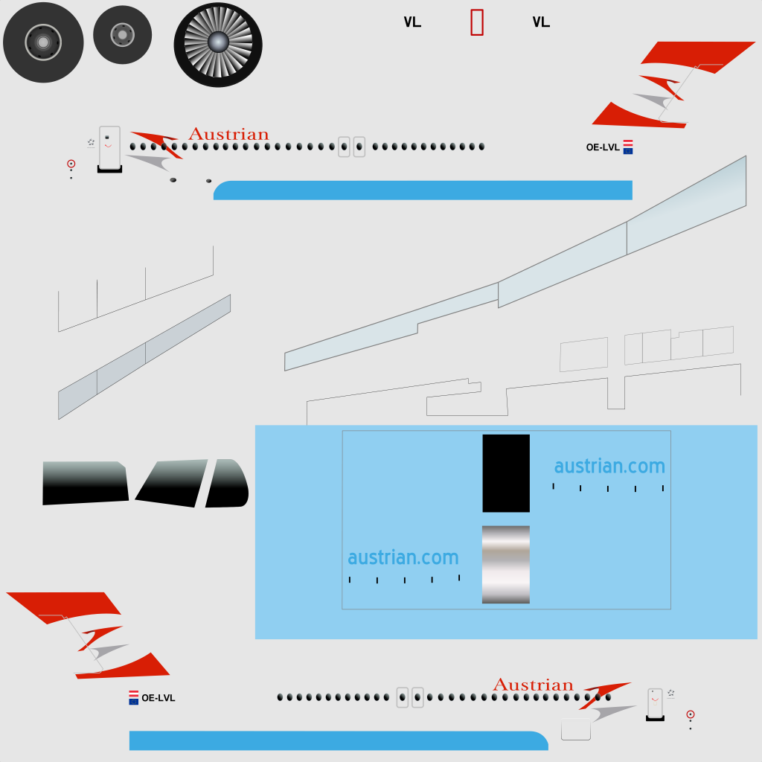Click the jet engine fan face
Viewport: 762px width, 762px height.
[218, 45]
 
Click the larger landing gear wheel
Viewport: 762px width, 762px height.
[43, 42]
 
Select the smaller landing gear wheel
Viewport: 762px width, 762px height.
[123, 35]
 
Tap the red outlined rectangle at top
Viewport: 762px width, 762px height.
[477, 22]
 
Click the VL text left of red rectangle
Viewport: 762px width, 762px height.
[412, 22]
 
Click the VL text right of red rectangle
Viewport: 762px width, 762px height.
[541, 22]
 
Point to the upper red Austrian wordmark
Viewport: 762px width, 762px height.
[228, 134]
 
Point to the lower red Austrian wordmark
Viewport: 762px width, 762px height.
[533, 685]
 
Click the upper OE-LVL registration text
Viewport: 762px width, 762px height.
[603, 147]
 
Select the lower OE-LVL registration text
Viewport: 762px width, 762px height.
[158, 698]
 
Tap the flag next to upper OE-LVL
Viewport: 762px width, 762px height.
[628, 147]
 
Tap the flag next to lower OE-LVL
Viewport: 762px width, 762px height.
[134, 697]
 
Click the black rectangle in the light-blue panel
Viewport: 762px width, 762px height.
[506, 473]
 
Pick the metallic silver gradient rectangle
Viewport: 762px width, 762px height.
[506, 565]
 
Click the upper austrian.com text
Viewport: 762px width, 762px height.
[609, 466]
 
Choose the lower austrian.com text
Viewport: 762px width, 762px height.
[403, 557]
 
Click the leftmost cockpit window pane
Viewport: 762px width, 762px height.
[85, 483]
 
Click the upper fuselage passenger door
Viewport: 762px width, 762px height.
[110, 148]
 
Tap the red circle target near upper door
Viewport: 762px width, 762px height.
[71, 164]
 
